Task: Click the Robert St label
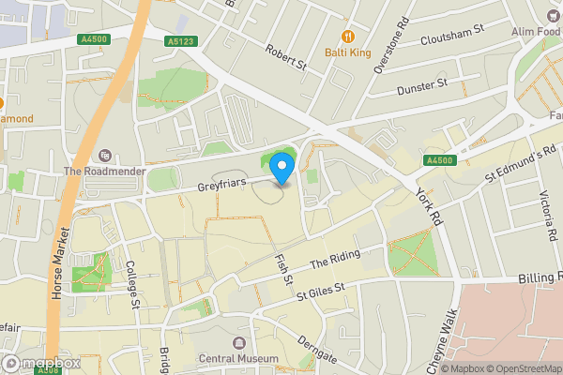tap(286, 58)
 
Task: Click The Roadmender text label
tap(103, 172)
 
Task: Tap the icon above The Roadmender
tap(103, 156)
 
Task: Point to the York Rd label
tap(427, 205)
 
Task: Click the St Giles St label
tap(321, 292)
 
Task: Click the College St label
tap(132, 285)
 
